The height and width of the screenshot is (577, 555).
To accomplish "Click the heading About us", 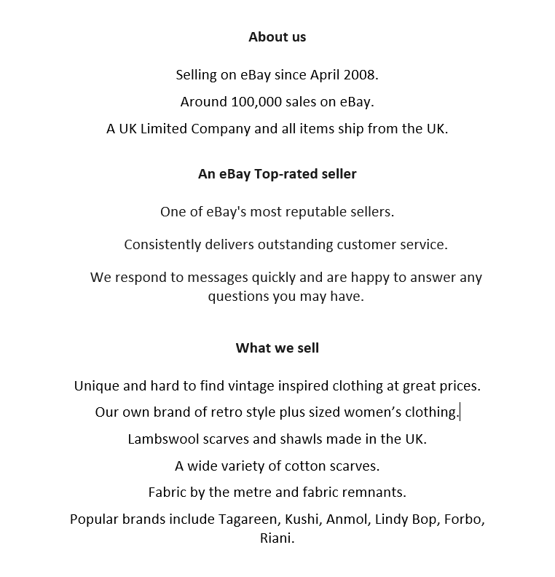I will (x=277, y=37).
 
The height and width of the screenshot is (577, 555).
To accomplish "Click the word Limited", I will (x=163, y=129).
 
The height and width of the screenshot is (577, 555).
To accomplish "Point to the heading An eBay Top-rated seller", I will (x=277, y=174).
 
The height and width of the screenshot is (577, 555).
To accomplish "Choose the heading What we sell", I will (x=277, y=348).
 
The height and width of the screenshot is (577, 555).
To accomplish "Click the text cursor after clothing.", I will (x=460, y=412).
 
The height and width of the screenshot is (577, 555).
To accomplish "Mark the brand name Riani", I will (x=276, y=539).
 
